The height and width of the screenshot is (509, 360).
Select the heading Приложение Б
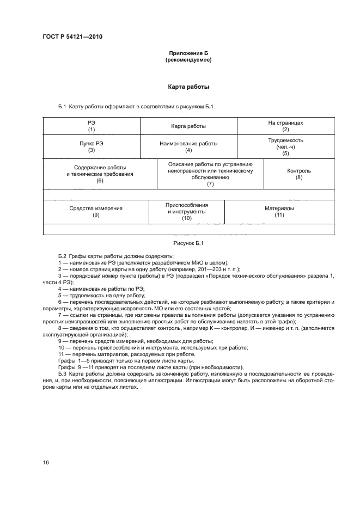coord(188,53)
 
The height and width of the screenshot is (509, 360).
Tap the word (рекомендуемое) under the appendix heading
coord(188,60)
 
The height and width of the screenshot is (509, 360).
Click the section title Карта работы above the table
coord(188,87)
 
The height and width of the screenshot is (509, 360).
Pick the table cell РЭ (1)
coord(91,126)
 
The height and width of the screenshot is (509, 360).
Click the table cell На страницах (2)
coord(285,126)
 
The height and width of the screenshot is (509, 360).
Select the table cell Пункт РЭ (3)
coord(91,146)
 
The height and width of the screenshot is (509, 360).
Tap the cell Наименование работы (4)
coord(188,146)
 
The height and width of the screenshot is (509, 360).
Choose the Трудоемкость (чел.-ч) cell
coord(285,146)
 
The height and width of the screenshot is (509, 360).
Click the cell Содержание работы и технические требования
coord(100,174)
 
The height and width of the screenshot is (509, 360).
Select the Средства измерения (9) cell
coord(96,211)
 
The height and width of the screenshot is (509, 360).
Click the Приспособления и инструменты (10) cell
coord(187,211)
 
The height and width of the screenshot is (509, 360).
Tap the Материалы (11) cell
coord(279,211)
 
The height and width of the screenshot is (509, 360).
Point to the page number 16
coord(46,462)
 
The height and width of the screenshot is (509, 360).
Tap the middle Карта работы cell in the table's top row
coord(188,126)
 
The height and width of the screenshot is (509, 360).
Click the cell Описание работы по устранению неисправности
coord(210,174)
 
